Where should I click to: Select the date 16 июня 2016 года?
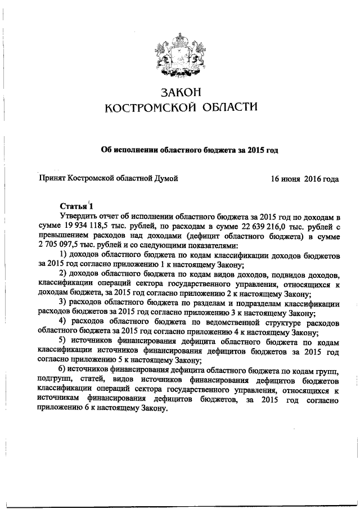pos(304,179)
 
